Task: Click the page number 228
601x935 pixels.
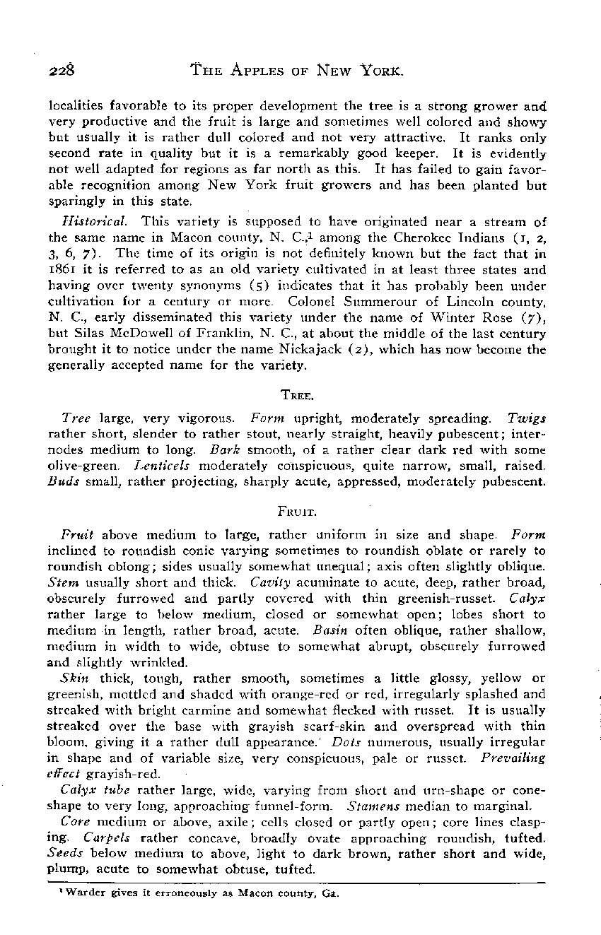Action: (62, 70)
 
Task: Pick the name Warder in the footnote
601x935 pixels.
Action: (74, 893)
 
